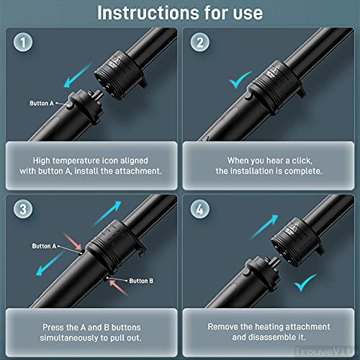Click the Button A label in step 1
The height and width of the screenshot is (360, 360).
click(x=42, y=104)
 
